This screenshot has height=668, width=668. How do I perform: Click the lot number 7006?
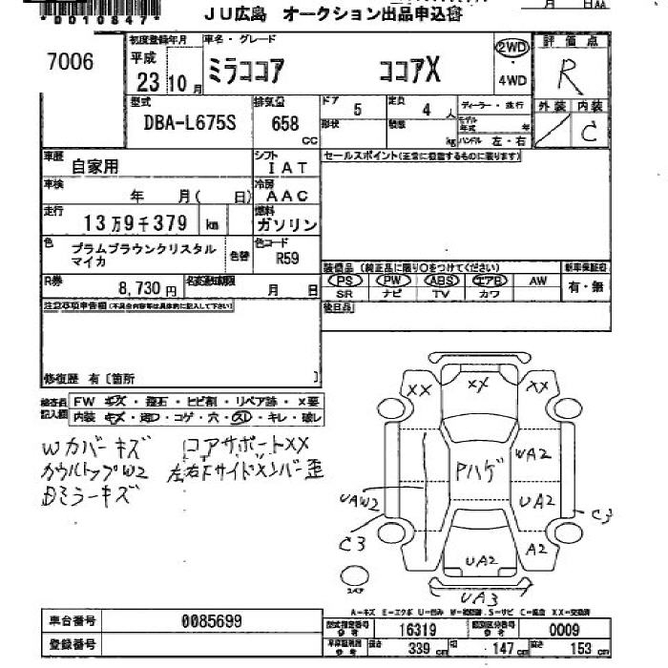[71, 62]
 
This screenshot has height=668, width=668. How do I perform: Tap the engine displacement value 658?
[284, 124]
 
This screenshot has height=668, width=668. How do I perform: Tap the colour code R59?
[286, 257]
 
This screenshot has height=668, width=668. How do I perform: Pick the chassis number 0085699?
[211, 620]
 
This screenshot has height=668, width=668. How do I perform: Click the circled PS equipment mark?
[344, 281]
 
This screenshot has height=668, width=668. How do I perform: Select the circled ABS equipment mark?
[442, 281]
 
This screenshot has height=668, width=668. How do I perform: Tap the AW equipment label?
[538, 281]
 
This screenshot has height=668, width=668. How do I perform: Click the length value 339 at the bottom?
[416, 649]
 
